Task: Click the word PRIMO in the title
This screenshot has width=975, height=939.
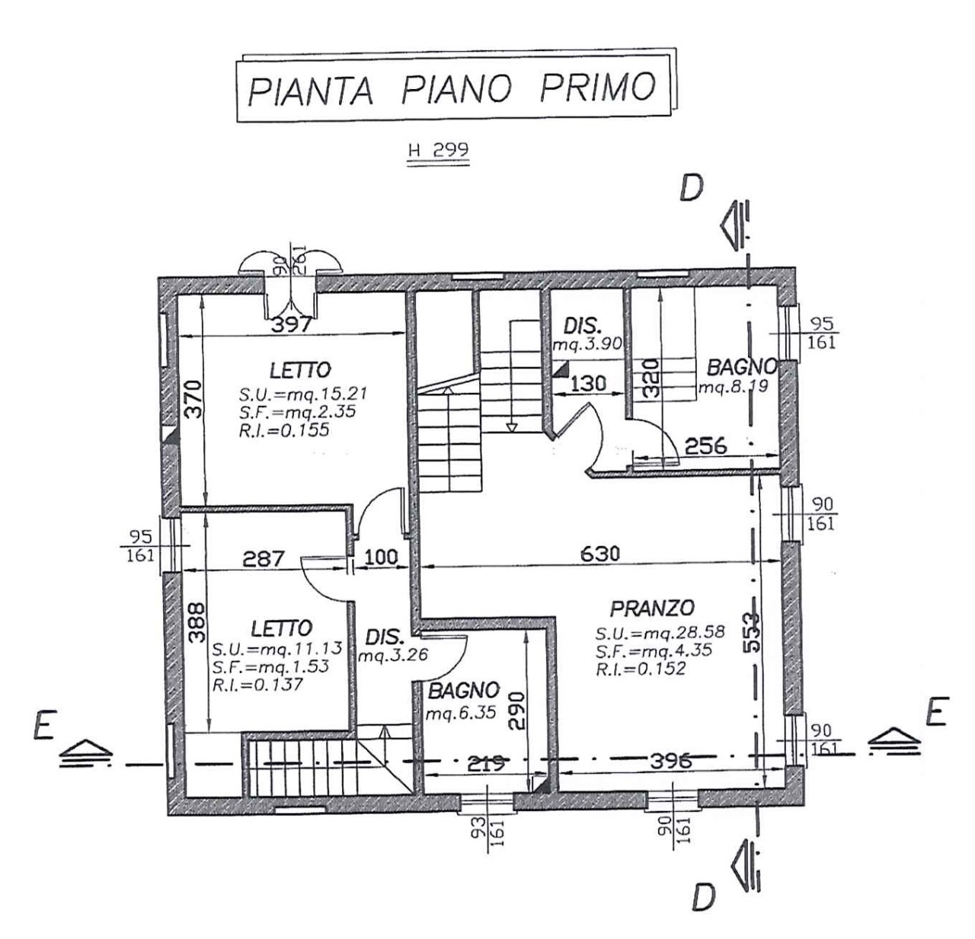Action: click(597, 87)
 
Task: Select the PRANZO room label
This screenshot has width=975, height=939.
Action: click(652, 608)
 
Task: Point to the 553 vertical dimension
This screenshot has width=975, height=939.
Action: click(752, 632)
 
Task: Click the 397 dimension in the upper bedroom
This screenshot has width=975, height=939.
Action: click(292, 325)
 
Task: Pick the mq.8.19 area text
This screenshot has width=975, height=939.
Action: click(734, 387)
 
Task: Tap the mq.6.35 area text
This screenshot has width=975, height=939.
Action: click(461, 713)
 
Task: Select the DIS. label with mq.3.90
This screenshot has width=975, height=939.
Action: click(582, 326)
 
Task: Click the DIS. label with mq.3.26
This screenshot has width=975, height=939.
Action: click(385, 637)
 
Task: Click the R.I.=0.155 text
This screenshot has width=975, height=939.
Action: click(284, 430)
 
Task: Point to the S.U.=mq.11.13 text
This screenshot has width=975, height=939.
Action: click(277, 649)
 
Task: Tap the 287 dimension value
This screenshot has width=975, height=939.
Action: click(264, 558)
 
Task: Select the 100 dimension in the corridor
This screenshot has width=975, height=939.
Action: click(380, 557)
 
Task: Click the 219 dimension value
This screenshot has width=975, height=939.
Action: click(485, 763)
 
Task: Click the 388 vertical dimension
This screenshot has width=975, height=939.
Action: click(197, 622)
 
